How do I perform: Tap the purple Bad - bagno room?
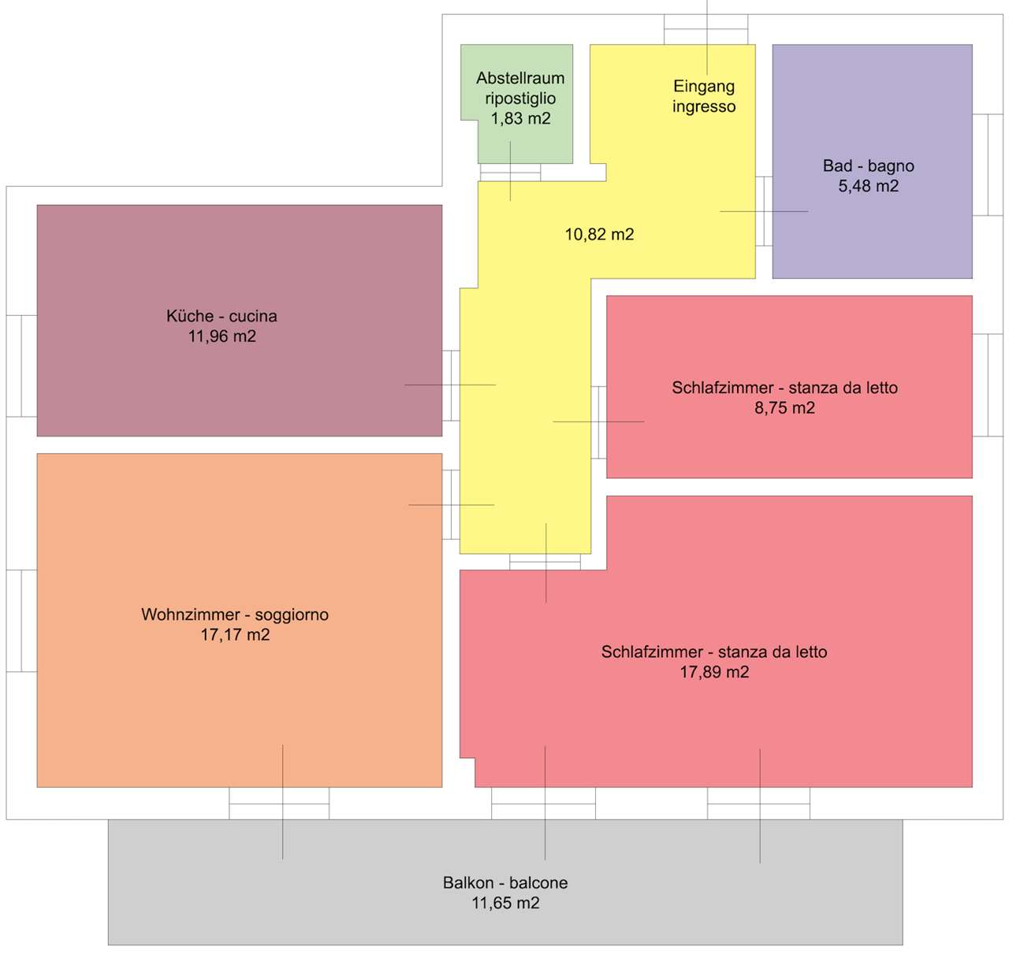point(872,162)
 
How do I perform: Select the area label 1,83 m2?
point(520,118)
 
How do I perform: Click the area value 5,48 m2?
point(869,186)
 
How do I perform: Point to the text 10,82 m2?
point(599,235)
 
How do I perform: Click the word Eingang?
point(704,87)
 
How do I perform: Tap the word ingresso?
point(704,106)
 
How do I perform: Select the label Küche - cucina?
point(222,316)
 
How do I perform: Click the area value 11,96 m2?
point(222,336)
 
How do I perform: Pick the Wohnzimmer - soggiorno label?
point(235,615)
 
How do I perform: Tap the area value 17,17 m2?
point(235,635)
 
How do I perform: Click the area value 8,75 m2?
point(784,407)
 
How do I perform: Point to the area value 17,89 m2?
point(714,672)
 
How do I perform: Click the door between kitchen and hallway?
point(451,385)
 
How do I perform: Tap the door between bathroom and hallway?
point(764,211)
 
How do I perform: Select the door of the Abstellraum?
point(510,173)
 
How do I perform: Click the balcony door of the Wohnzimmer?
point(279,803)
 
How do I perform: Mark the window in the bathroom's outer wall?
point(988,165)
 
